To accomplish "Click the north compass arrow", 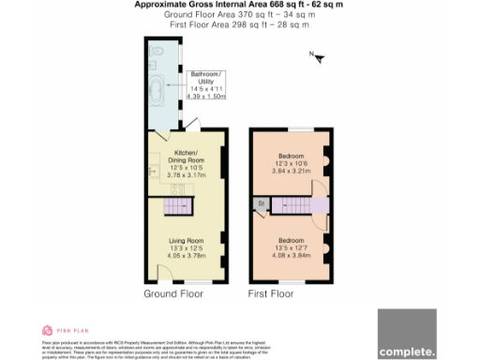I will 318,59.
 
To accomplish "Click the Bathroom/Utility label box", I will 206,84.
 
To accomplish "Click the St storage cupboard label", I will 260,203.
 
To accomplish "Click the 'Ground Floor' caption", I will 172,293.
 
